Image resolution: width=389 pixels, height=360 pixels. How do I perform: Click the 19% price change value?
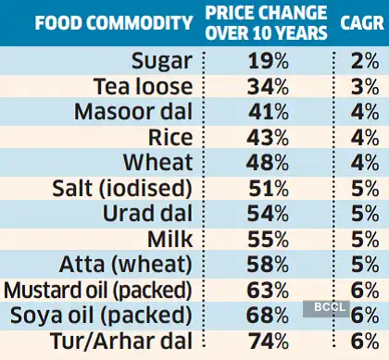[266, 63]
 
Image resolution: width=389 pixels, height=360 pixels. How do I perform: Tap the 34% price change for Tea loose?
[266, 87]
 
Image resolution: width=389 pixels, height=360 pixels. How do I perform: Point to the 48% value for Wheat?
[266, 162]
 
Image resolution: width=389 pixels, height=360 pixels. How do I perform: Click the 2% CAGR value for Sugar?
[361, 63]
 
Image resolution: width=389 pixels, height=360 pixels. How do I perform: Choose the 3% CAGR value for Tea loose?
[361, 87]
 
